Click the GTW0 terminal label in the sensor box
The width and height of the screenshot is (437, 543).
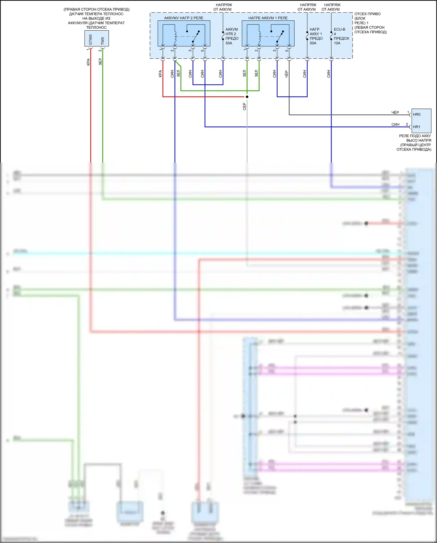pyautogui.click(x=90, y=40)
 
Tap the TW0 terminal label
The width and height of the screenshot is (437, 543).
pyautogui.click(x=103, y=41)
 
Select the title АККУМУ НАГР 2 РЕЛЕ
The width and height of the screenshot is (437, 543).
pyautogui.click(x=184, y=18)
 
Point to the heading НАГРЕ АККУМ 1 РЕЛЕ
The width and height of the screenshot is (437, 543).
pyautogui.click(x=268, y=18)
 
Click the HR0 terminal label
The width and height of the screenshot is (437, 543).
pyautogui.click(x=417, y=114)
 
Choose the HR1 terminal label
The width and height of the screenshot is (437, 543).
pyautogui.click(x=417, y=127)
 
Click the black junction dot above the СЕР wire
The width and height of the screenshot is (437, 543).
pyautogui.click(x=247, y=97)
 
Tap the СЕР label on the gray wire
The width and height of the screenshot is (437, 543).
pyautogui.click(x=244, y=106)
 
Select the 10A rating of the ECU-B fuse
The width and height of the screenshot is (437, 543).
pyautogui.click(x=337, y=43)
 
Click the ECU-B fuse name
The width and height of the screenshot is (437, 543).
pyautogui.click(x=339, y=29)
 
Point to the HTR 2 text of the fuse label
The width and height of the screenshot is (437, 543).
pyautogui.click(x=231, y=34)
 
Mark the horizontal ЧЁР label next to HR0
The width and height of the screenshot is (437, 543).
pyautogui.click(x=395, y=113)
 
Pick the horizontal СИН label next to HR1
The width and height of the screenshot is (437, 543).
pyautogui.click(x=395, y=125)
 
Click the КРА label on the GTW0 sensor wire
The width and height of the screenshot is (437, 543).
pyautogui.click(x=88, y=62)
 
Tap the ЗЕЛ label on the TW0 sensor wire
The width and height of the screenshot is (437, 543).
pyautogui.click(x=100, y=62)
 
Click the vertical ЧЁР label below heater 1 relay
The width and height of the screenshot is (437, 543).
pyautogui.click(x=286, y=74)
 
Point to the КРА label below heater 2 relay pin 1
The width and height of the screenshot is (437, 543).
pyautogui.click(x=160, y=74)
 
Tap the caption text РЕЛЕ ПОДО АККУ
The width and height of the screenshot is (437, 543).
pyautogui.click(x=415, y=136)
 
